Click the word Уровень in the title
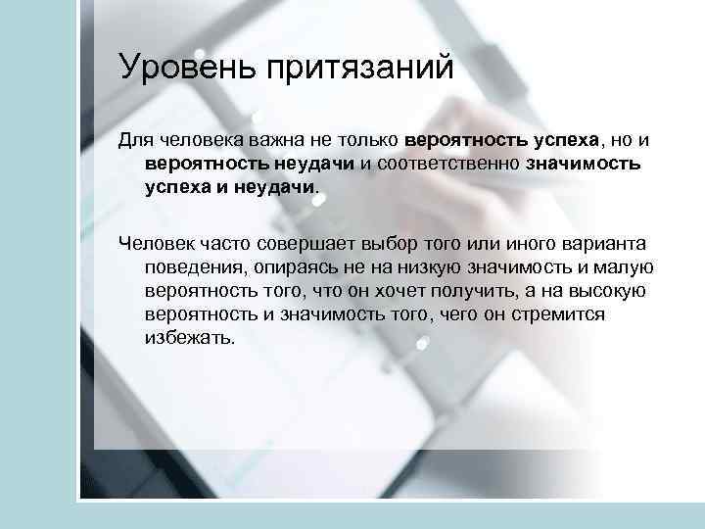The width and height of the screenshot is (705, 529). (182, 68)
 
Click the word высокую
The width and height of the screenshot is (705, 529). (613, 290)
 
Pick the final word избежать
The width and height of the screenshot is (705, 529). (190, 338)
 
